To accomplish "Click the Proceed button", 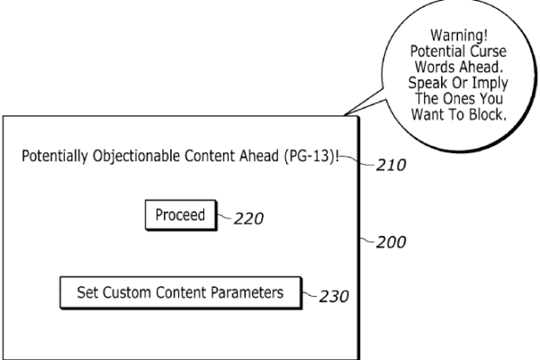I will (180, 215).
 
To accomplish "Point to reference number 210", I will (391, 166).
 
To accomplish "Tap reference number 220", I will (247, 218).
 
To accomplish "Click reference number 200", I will (391, 242).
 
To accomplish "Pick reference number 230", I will (334, 296).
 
